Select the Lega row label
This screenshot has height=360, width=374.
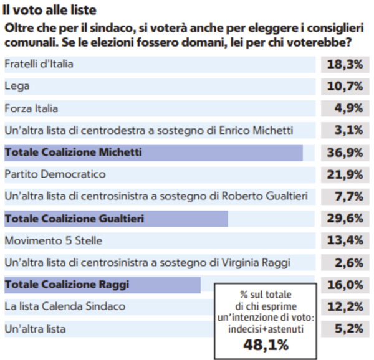(17, 86)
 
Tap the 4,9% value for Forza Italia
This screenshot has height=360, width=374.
(350, 108)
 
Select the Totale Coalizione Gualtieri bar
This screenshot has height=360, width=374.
(116, 219)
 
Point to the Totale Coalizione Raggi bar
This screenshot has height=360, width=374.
(103, 285)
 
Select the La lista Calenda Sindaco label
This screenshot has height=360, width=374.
(65, 306)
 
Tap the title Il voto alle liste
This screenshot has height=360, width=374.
(49, 11)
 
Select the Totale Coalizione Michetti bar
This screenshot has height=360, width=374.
(153, 153)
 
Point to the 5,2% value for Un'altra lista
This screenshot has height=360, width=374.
(350, 328)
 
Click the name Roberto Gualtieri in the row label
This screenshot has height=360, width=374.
(264, 196)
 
